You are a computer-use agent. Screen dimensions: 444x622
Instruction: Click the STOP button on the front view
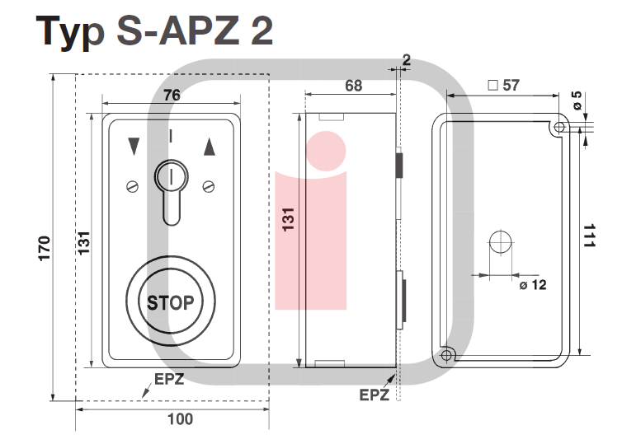[x=171, y=301]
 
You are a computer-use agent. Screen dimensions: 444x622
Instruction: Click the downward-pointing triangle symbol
[x=131, y=147]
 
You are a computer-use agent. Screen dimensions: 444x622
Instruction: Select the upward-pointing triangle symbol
[x=209, y=147]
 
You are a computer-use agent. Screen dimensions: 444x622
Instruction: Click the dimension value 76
[x=172, y=95]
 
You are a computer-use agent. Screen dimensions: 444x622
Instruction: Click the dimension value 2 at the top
[x=406, y=59]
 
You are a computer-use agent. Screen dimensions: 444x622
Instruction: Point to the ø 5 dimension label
[x=577, y=100]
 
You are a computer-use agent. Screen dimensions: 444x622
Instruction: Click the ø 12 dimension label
[x=533, y=285]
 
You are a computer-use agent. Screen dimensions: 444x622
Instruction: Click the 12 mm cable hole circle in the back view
[x=501, y=242]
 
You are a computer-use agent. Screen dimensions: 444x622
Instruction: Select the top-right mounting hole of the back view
[x=559, y=128]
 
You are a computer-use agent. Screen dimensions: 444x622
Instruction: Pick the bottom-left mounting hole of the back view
[x=446, y=355]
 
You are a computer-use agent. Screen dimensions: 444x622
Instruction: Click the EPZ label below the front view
[x=169, y=379]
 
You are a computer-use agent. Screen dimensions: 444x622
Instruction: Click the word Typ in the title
[x=71, y=33]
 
